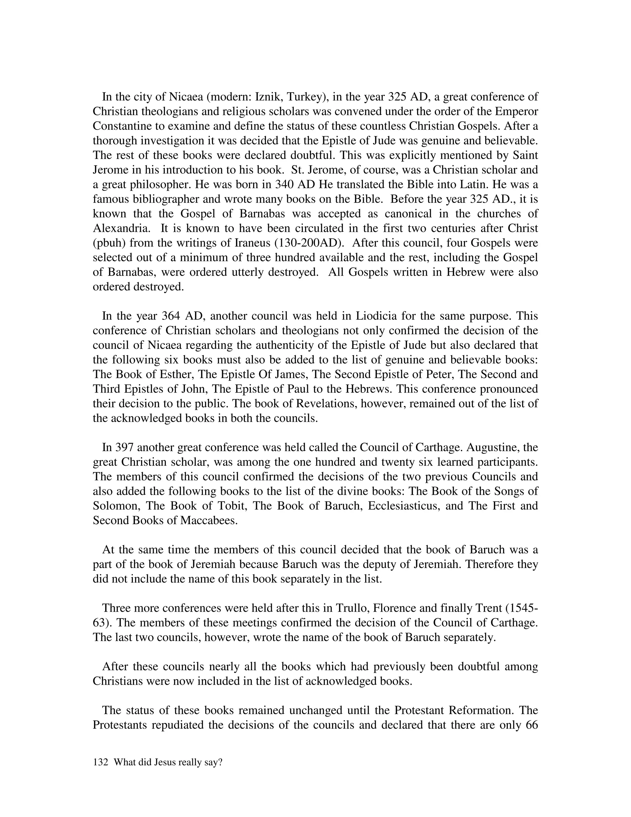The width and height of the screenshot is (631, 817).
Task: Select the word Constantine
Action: (x=124, y=126)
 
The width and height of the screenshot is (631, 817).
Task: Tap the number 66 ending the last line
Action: (x=531, y=725)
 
